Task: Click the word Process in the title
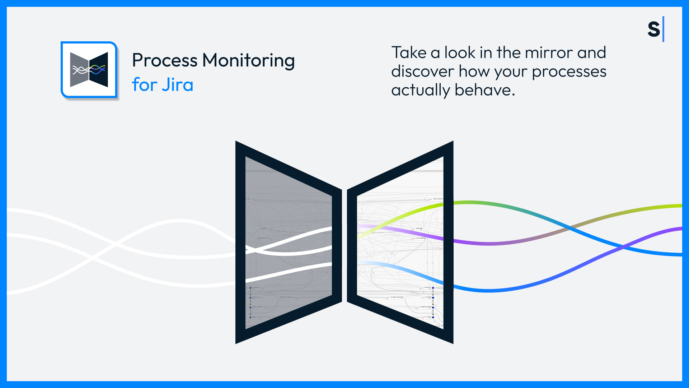164,60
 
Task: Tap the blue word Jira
177,85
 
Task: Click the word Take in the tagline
409,53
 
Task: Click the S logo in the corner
653,29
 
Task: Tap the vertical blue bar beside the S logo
663,29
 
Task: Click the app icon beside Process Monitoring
89,70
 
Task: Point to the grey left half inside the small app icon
79,70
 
